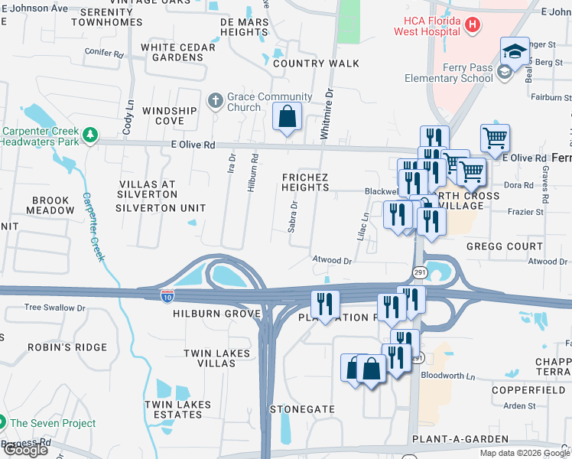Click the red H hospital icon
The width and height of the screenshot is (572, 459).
tap(473, 25)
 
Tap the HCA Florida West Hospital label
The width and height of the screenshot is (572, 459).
tap(427, 25)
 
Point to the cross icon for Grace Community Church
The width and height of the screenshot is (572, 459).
tap(216, 101)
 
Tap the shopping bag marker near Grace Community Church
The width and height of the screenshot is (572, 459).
tap(288, 118)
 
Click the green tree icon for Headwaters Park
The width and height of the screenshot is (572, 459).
tap(91, 135)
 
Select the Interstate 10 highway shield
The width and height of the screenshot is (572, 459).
tap(167, 295)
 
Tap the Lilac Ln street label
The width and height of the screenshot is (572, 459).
tap(365, 226)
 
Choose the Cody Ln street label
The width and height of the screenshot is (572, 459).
tap(128, 115)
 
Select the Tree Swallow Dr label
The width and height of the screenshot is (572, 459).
tap(55, 308)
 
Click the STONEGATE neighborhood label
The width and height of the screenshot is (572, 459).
tap(302, 409)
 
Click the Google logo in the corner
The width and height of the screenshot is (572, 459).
tap(24, 450)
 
